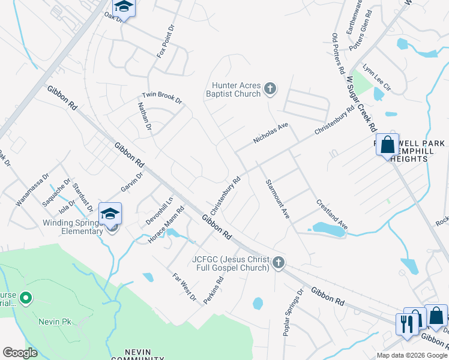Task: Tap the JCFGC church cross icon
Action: click(277, 262)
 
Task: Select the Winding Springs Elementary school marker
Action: click(110, 214)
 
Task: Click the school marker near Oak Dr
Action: click(124, 6)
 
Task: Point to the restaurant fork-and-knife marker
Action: click(407, 324)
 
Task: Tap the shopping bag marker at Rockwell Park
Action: click(388, 145)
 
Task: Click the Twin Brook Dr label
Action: click(161, 98)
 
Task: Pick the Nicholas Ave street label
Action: click(271, 133)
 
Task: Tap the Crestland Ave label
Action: click(331, 214)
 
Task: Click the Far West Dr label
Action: click(184, 287)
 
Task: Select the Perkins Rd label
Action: click(213, 290)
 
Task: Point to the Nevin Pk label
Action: click(55, 322)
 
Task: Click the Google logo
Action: click(20, 353)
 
